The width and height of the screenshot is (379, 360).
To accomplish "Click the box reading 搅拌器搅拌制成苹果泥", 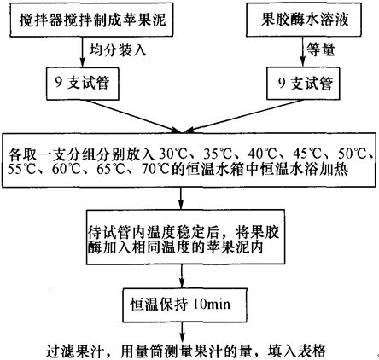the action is click(x=91, y=20).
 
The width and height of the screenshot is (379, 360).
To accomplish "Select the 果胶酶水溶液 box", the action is click(x=304, y=20).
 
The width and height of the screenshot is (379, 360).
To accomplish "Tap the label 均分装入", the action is click(x=118, y=50).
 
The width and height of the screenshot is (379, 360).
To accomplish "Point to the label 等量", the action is click(x=321, y=49).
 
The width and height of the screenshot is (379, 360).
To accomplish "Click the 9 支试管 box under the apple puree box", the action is click(x=82, y=84).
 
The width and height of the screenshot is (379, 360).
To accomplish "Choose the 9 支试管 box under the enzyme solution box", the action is click(x=303, y=84).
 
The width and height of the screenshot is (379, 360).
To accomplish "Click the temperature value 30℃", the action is click(x=173, y=154).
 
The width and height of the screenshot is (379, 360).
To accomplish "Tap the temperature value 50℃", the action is click(x=353, y=154).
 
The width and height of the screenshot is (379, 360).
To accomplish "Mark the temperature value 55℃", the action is click(x=21, y=170).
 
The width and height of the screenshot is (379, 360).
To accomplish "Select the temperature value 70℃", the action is click(x=156, y=170).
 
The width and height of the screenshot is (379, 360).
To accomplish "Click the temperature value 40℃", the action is click(x=262, y=154).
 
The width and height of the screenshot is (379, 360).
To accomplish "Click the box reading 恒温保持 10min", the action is click(x=184, y=305).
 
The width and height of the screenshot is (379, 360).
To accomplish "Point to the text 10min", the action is click(x=212, y=305).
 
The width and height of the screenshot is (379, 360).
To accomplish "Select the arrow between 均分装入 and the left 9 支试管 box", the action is click(x=82, y=52).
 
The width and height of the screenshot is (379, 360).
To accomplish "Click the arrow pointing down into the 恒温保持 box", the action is click(x=182, y=276).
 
